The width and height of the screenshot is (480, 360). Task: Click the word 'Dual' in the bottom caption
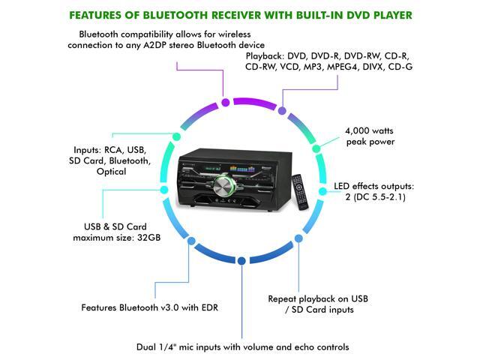147,346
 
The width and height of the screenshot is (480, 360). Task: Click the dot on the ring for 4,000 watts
316,146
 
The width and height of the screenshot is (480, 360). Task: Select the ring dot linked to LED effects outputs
323,192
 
